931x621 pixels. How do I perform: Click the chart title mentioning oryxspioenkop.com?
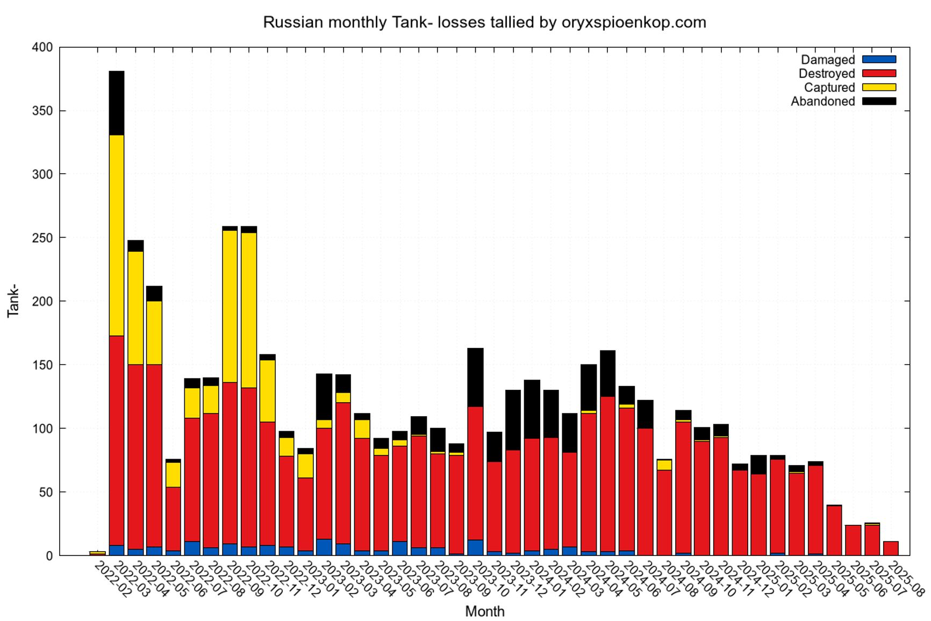(484, 23)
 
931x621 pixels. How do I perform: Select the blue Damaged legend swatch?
(879, 60)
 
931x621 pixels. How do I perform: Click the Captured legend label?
(829, 88)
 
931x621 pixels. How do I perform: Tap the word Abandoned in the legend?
(822, 102)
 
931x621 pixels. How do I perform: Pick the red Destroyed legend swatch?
(879, 74)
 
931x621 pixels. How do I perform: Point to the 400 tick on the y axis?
(42, 48)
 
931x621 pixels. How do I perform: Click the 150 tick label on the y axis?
(42, 365)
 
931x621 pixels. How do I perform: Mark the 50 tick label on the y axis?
(45, 492)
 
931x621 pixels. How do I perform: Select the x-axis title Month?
(484, 611)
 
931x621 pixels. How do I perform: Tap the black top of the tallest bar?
(117, 103)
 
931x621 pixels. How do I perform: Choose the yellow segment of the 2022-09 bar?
(230, 306)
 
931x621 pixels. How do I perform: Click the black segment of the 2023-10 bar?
(475, 377)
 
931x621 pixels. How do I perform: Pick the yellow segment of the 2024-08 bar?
(664, 465)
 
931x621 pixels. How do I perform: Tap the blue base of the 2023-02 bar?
(324, 547)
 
